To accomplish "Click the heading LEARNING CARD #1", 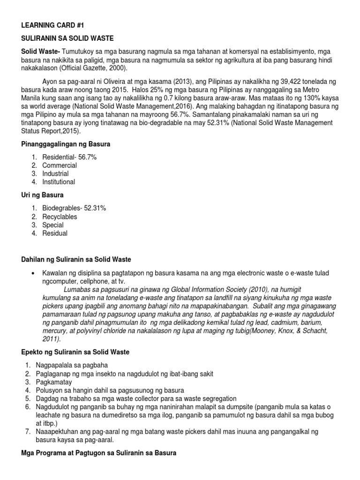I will pos(46,24).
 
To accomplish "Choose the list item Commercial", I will pos(60,165).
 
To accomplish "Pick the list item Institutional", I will pos(59,182).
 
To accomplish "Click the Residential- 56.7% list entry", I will pos(69,157).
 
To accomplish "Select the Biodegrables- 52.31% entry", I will pos(74,209).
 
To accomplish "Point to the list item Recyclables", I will pos(60,217).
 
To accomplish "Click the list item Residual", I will pos(55,233).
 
